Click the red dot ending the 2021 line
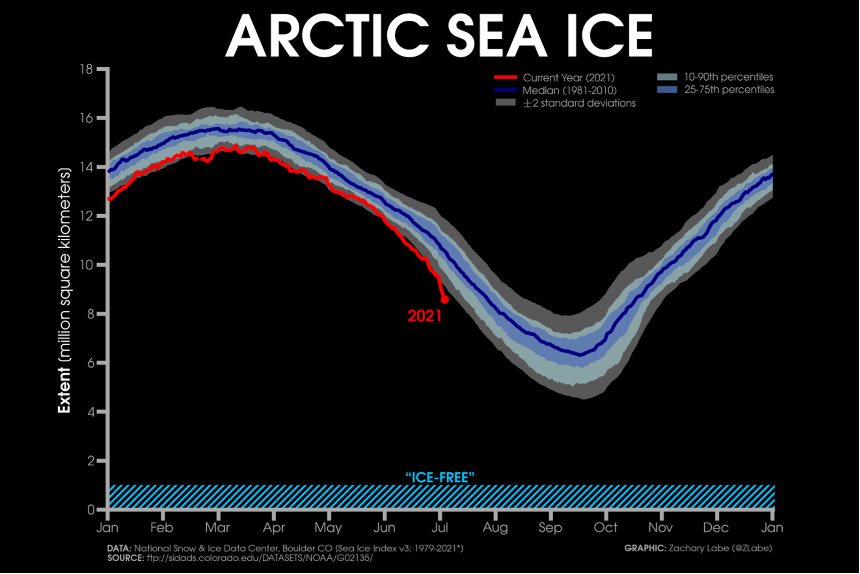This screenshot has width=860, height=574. point(445,299)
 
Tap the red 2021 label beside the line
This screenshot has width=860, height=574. point(424,316)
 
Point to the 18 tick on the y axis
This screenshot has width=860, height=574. point(87,69)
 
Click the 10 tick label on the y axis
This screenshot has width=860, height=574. point(87,265)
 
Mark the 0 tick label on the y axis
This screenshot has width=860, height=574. point(90,510)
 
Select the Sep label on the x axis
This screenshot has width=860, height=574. point(550,528)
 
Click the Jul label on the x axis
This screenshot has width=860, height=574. point(440,528)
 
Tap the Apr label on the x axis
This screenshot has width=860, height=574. point(274,528)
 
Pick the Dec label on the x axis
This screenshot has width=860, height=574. point(716,528)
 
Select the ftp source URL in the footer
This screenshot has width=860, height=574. point(259,558)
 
